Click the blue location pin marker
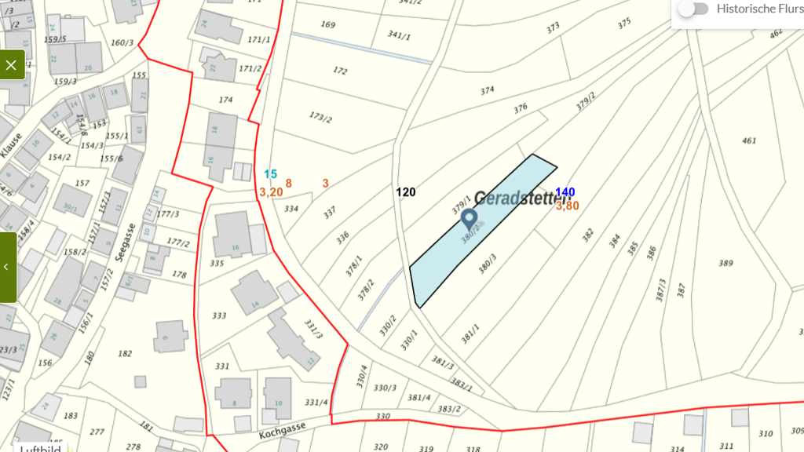click(470, 220)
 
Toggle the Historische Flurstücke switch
click(693, 9)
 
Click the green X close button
click(11, 65)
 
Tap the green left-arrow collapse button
click(7, 267)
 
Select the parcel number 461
click(749, 141)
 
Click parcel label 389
click(725, 263)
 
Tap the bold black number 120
click(406, 191)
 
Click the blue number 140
click(565, 192)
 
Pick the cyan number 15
click(271, 174)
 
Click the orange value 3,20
click(271, 191)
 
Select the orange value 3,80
click(568, 206)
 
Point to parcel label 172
click(340, 71)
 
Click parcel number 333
click(219, 315)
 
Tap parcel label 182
click(125, 353)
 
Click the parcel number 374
click(488, 90)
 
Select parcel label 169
click(328, 24)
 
